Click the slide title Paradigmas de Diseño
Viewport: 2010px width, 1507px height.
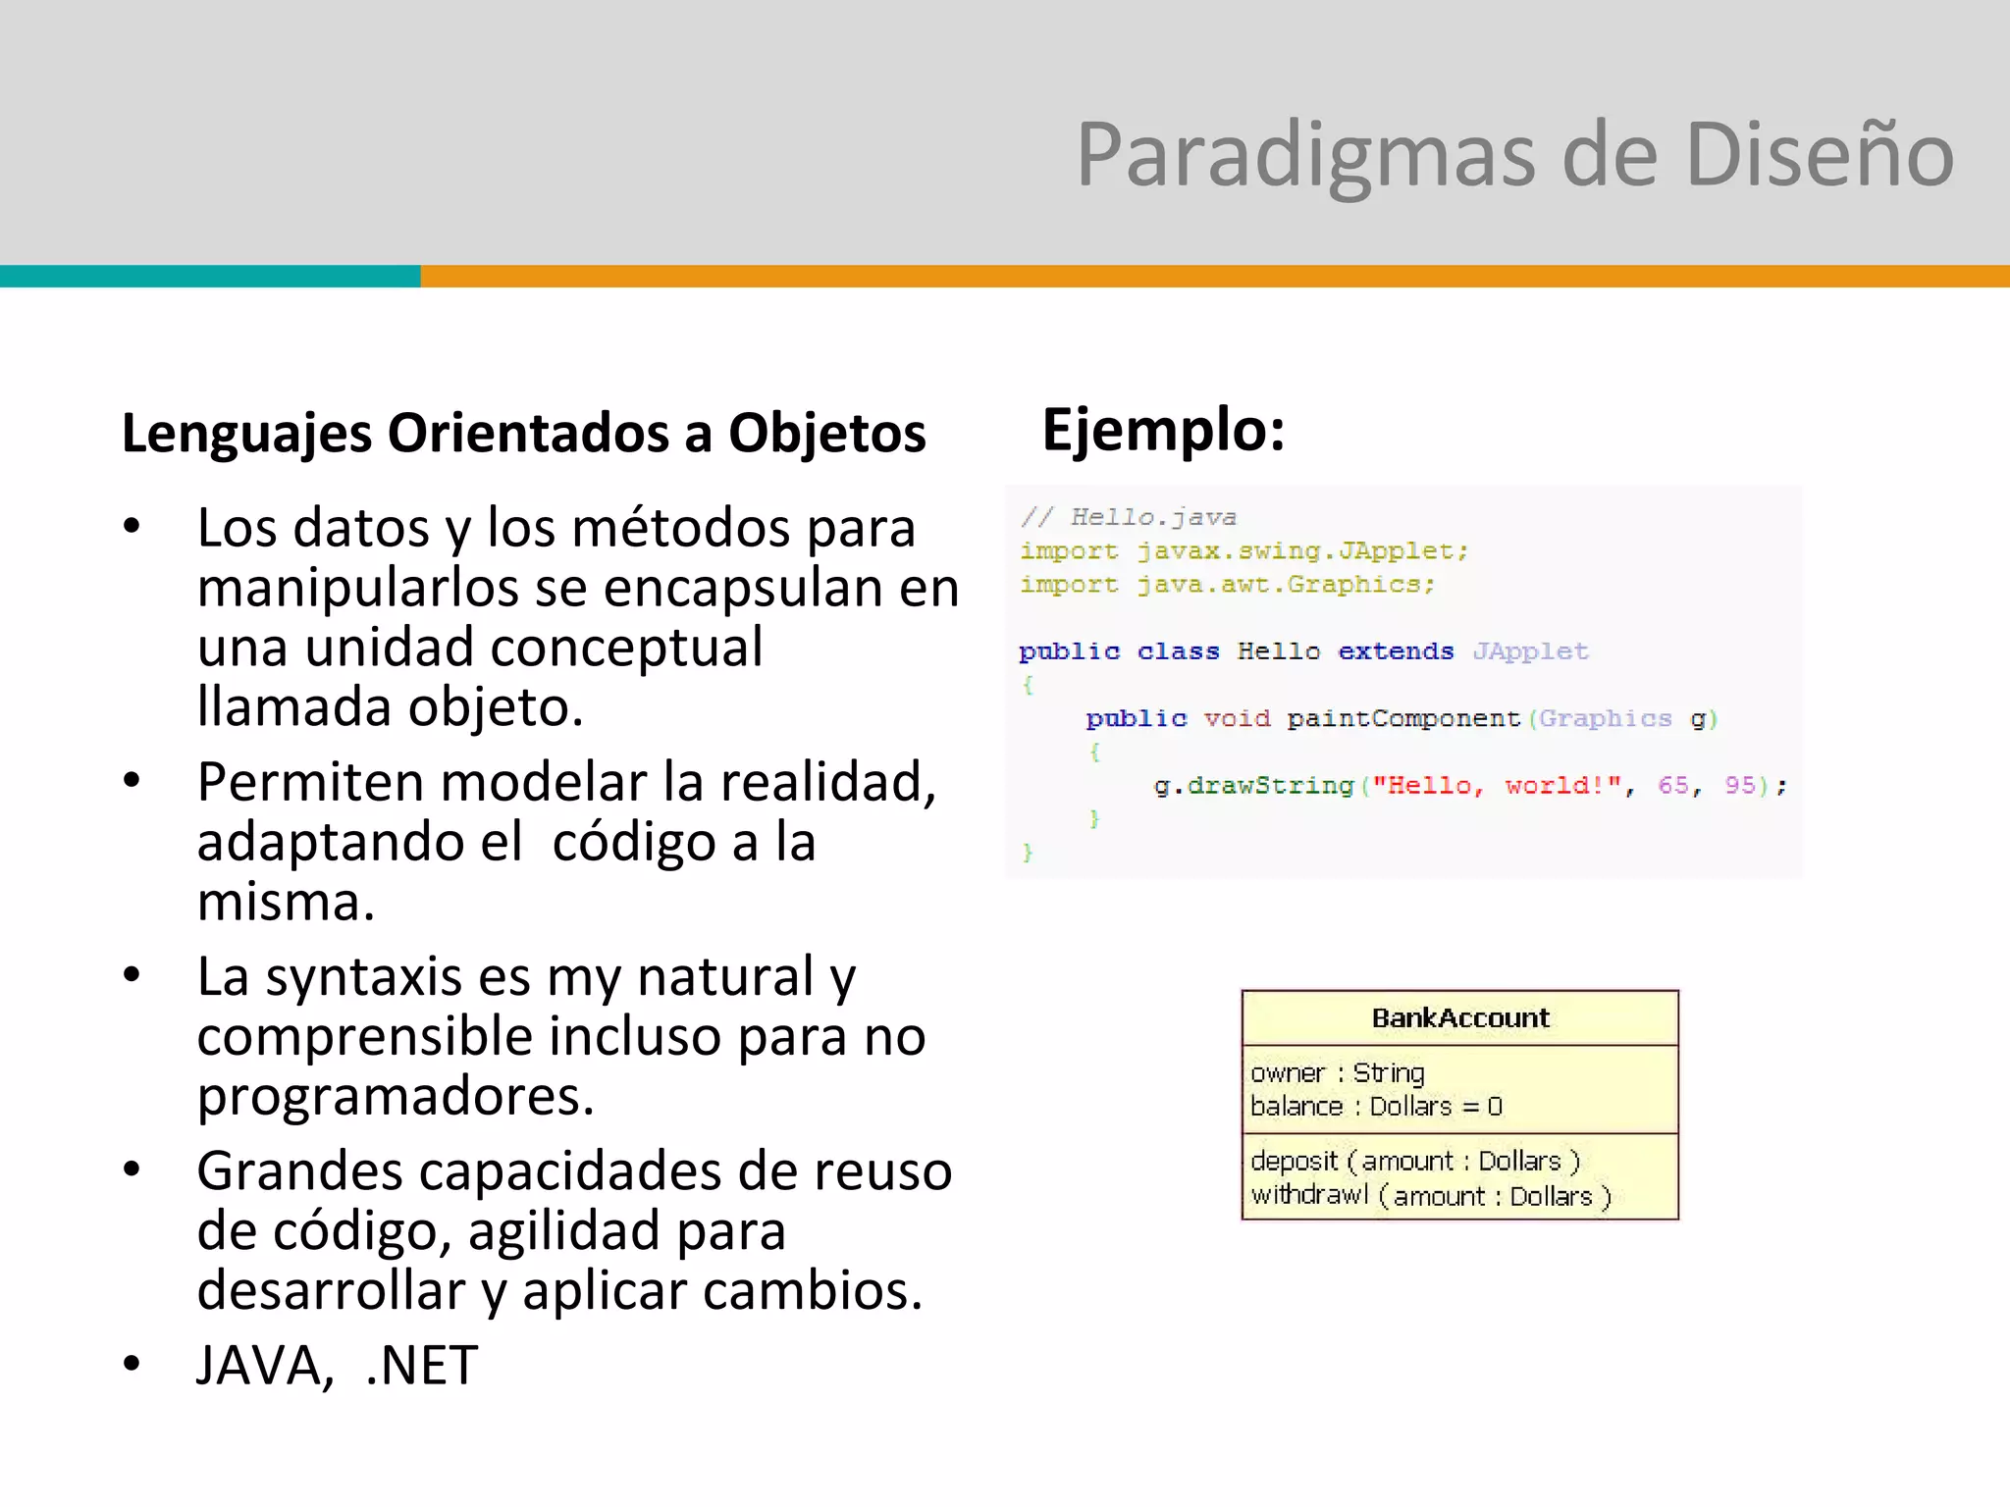1514,155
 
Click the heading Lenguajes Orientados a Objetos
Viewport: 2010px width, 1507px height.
523,434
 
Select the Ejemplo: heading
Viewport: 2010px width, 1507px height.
1163,431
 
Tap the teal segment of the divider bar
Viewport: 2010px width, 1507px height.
210,277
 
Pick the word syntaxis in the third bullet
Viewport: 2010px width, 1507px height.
363,977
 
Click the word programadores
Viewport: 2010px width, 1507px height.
396,1096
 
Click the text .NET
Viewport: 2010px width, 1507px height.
421,1365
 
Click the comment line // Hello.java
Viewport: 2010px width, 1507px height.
1128,517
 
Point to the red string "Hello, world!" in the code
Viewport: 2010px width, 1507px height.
1497,786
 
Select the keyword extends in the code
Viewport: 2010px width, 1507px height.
1395,651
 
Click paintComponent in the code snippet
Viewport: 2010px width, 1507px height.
1402,719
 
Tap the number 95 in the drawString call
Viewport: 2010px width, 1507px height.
1739,786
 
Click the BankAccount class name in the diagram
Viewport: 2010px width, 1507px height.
1460,1018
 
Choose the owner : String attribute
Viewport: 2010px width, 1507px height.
1337,1073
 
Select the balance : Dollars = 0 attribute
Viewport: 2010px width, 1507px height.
1376,1107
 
